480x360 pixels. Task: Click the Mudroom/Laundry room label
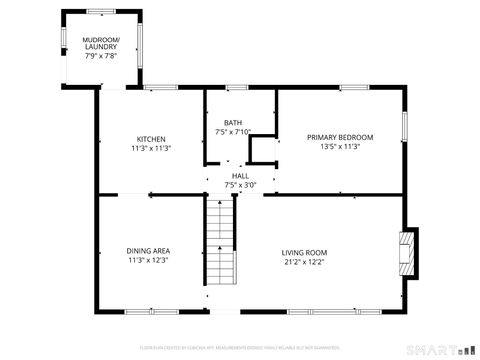point(101,43)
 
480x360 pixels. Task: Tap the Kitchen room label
point(151,139)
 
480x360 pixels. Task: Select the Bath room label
point(232,122)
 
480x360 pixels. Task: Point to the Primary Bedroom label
point(340,137)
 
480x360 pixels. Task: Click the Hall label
point(241,175)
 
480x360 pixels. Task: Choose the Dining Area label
point(147,251)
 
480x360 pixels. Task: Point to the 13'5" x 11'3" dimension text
point(340,147)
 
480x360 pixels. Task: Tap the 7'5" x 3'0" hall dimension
point(241,184)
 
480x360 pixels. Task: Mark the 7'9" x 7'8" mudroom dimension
point(101,56)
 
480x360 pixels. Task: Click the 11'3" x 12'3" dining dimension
point(147,260)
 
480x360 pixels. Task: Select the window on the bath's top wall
point(237,89)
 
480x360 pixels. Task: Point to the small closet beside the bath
point(264,151)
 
